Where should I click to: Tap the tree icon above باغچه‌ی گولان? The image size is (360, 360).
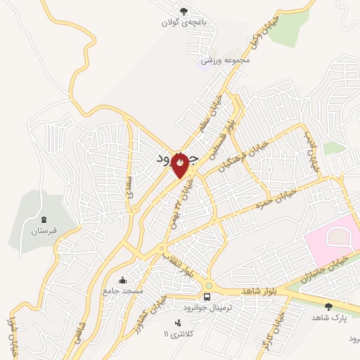click(x=184, y=11)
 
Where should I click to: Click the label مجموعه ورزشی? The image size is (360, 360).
click(x=225, y=61)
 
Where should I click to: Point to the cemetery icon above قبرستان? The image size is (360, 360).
click(x=44, y=221)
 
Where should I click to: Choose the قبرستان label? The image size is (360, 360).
click(x=43, y=231)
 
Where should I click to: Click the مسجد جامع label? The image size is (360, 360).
click(x=123, y=290)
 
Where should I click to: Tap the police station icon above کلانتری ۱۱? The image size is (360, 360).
click(x=176, y=322)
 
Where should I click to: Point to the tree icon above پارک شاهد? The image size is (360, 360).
click(x=329, y=306)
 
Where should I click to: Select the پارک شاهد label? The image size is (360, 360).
click(x=329, y=317)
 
